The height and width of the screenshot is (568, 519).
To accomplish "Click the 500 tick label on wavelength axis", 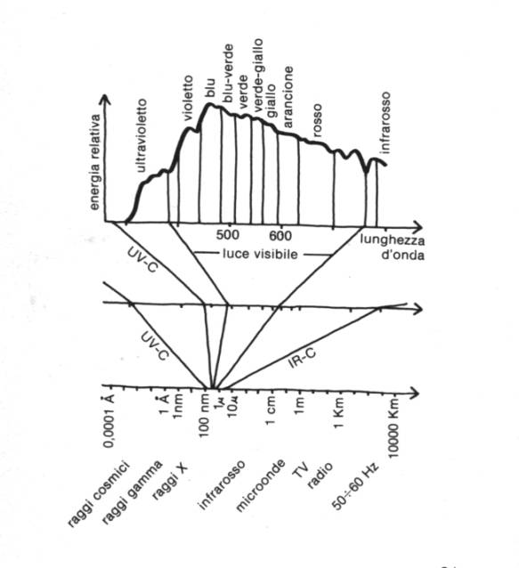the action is pos(227,235).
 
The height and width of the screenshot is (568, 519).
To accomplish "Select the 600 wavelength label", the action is pos(280,236).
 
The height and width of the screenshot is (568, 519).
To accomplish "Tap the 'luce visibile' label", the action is pos(260,254).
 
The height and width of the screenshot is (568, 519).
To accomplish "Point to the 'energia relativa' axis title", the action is pos(94,162).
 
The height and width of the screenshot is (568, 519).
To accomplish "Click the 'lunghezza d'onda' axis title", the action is pos(393,248).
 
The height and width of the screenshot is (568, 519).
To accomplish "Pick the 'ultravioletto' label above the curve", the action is pos(142,135).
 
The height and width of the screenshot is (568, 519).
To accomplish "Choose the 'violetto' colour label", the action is pos(188,98).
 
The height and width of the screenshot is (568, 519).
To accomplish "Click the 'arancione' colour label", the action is pos(288,97).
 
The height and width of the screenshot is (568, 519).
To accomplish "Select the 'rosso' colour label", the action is pos(317,120).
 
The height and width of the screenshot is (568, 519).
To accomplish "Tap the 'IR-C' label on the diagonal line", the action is pos(303,358).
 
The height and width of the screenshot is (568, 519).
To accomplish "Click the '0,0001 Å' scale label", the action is pos(109,421).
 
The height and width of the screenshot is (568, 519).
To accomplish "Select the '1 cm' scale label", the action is pos(271,410).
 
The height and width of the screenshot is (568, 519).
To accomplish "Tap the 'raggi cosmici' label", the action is pos(98,494).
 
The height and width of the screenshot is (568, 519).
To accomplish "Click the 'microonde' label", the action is pos(260,486).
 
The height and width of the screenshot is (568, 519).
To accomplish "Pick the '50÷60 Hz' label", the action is pos(355,486).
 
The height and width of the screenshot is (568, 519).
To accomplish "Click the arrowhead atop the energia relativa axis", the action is pos(105,99).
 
